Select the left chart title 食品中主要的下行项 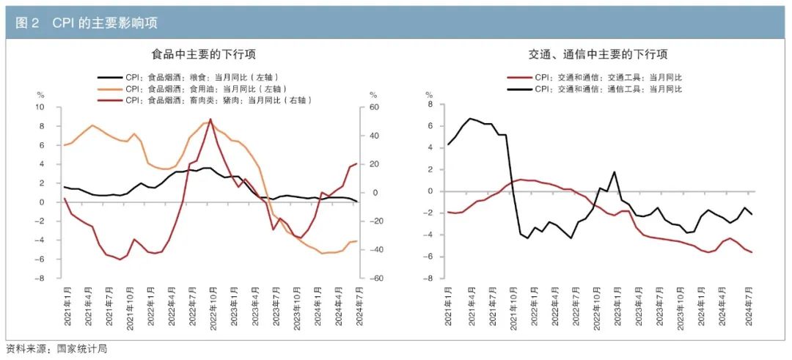(203, 54)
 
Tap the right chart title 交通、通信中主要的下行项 (598, 54)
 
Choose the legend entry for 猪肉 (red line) (219, 100)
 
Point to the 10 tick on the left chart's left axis (41, 107)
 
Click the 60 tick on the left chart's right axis (373, 107)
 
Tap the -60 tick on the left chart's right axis (373, 279)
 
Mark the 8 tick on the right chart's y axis (430, 104)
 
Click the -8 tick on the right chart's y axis (428, 279)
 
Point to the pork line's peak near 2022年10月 (211, 119)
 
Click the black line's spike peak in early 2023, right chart (614, 172)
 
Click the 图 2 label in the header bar (27, 23)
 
